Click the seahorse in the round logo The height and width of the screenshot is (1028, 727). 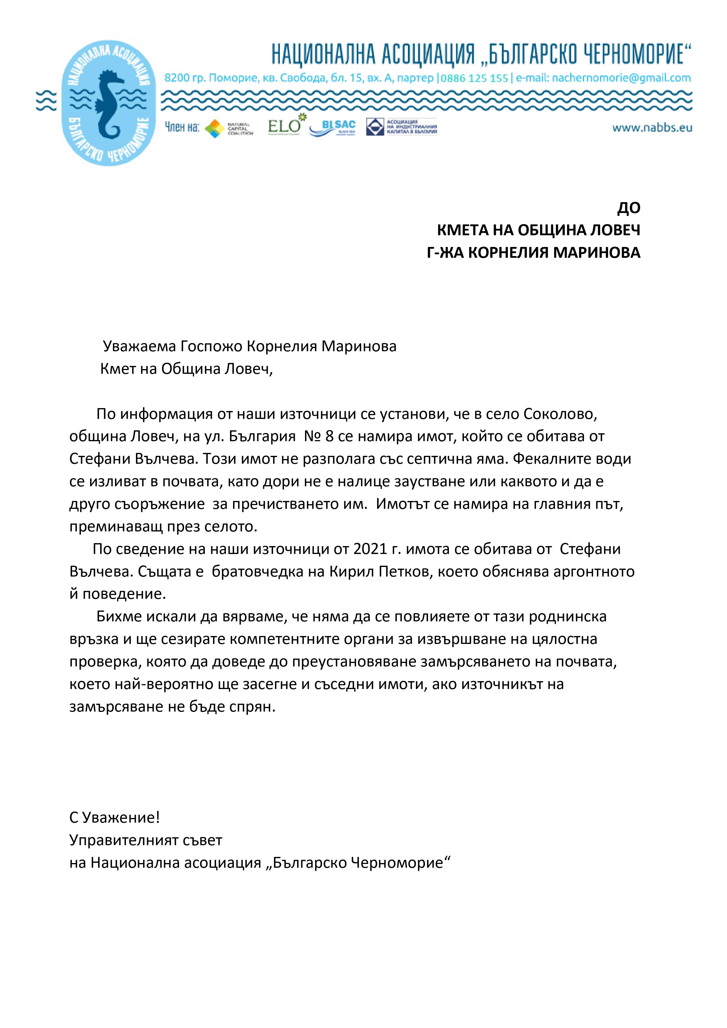point(109,104)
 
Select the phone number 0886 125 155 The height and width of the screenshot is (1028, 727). point(474,78)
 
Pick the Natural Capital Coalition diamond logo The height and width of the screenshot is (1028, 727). point(214,129)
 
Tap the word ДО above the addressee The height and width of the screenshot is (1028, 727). point(629,208)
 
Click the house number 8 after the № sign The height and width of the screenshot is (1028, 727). point(329,437)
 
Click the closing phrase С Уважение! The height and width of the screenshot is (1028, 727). point(115,818)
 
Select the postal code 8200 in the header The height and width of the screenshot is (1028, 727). point(177,78)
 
